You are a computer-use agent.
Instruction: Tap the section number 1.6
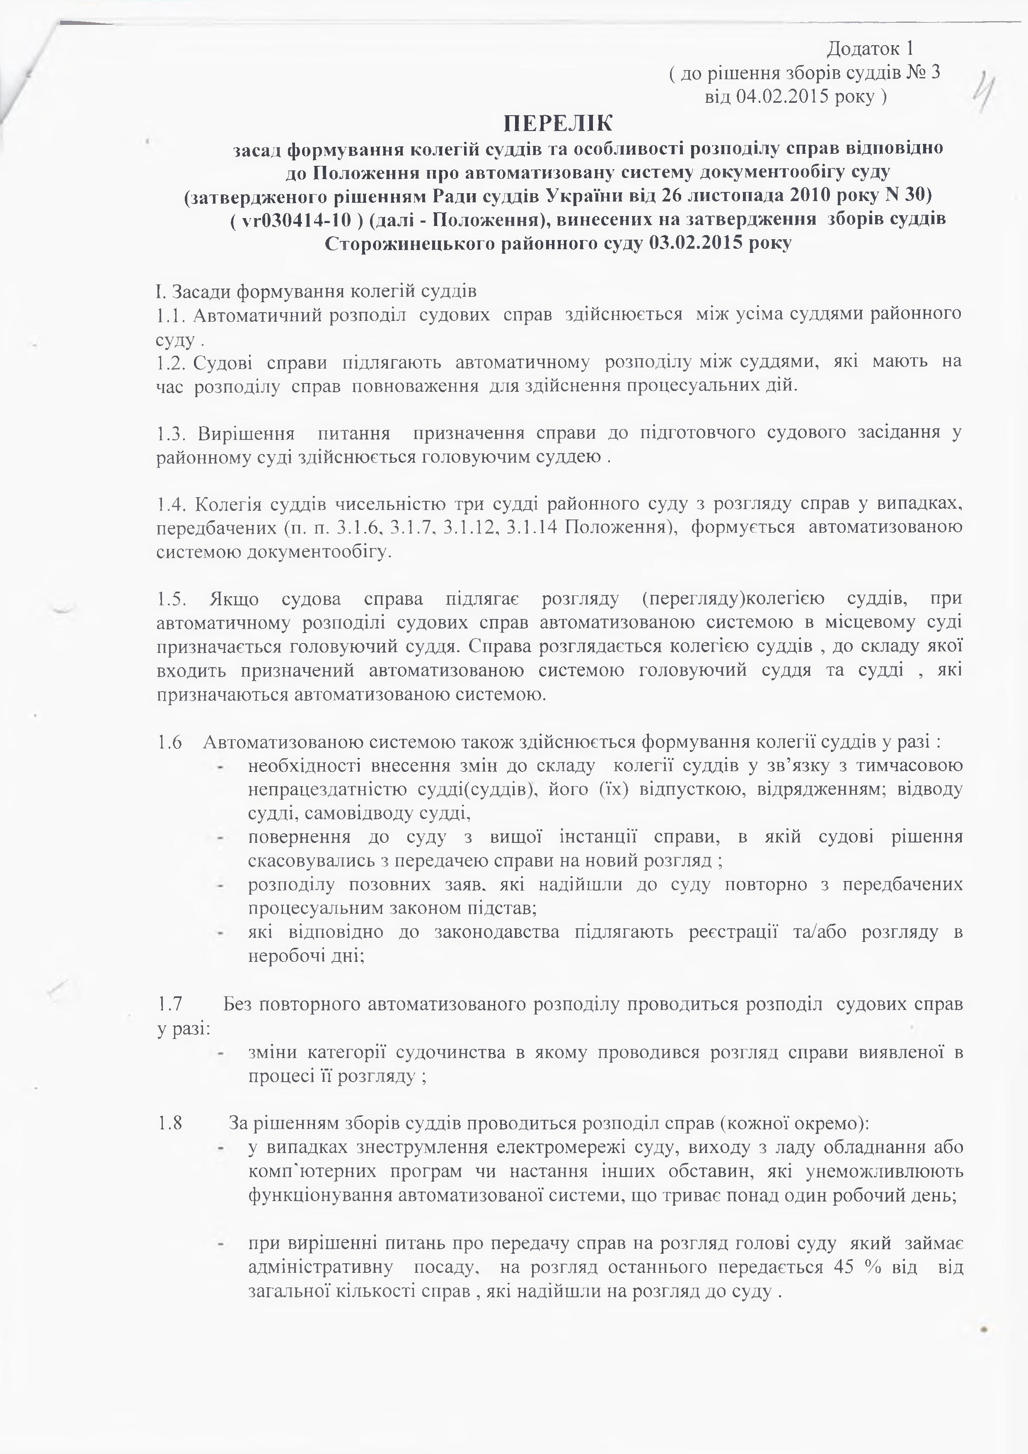point(169,742)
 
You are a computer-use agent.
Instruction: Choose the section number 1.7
point(169,1005)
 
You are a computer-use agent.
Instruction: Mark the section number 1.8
point(169,1124)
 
